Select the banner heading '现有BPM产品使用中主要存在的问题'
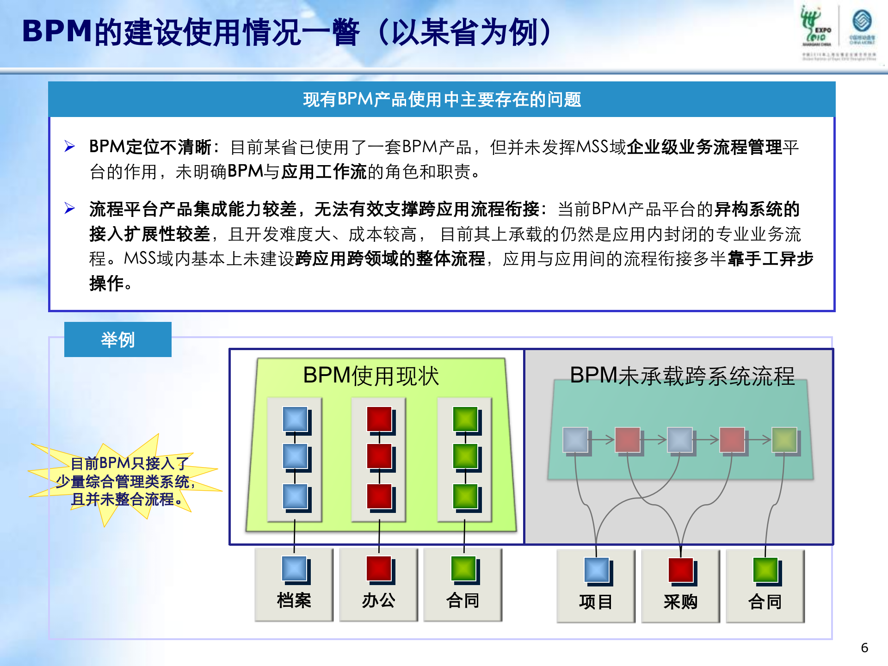click(442, 99)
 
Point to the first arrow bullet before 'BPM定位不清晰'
click(70, 147)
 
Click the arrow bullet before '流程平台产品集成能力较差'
click(70, 209)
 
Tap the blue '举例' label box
click(117, 339)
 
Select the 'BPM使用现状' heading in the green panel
click(371, 376)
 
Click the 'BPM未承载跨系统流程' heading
click(682, 376)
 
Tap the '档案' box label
click(294, 600)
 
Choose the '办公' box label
click(378, 600)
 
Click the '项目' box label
click(596, 602)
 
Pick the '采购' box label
click(680, 602)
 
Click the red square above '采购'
click(680, 570)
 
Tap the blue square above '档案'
click(294, 568)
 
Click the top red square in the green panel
click(379, 419)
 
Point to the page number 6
click(864, 647)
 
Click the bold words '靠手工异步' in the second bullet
click(770, 259)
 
